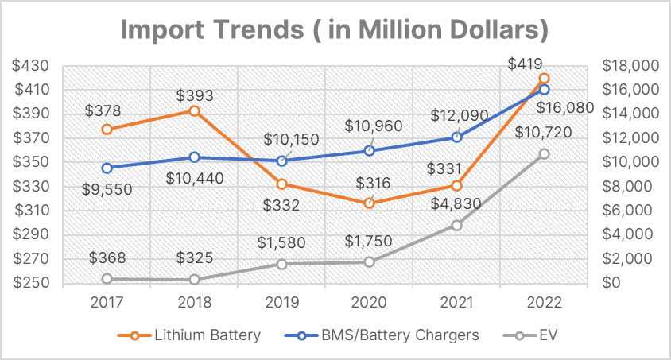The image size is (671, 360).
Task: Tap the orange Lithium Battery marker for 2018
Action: (194, 111)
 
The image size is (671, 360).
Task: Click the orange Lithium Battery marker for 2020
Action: (369, 203)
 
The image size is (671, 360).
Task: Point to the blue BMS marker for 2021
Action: (456, 137)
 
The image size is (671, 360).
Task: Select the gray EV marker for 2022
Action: (544, 153)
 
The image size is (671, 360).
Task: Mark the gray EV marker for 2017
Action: (107, 279)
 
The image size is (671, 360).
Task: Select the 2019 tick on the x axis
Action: (281, 303)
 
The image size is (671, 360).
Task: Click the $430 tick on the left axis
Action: (31, 65)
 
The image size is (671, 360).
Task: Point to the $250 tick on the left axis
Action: (31, 283)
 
